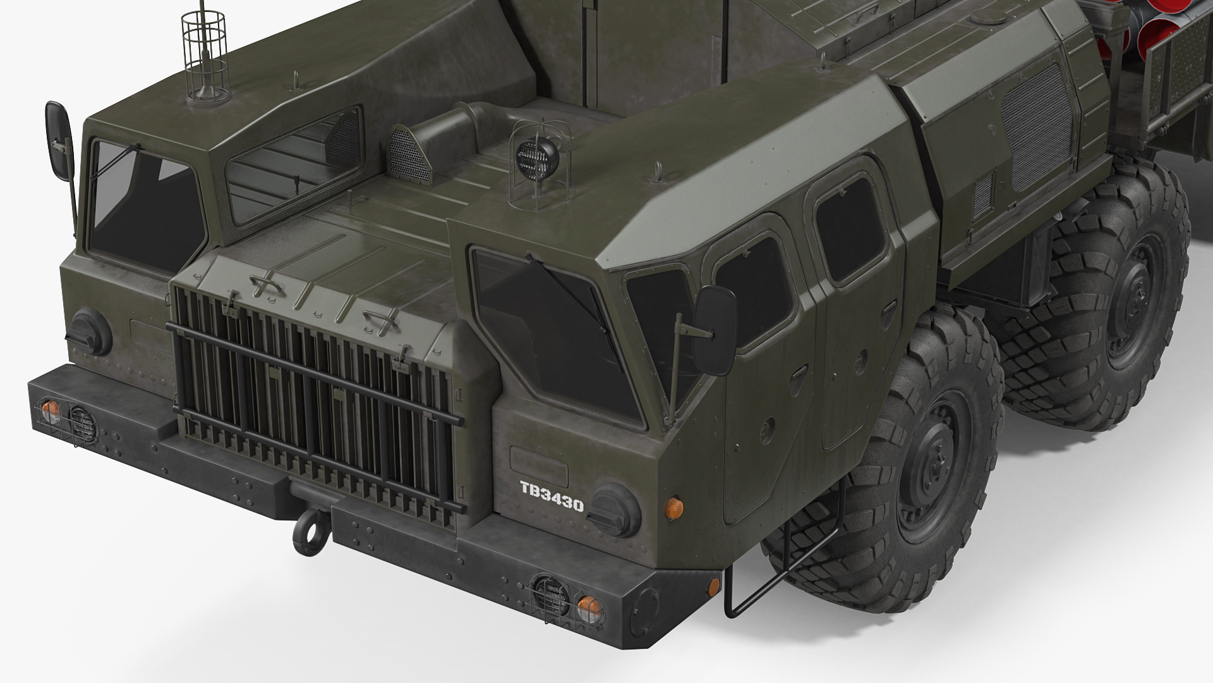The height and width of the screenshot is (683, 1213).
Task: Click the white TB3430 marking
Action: click(x=552, y=488)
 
